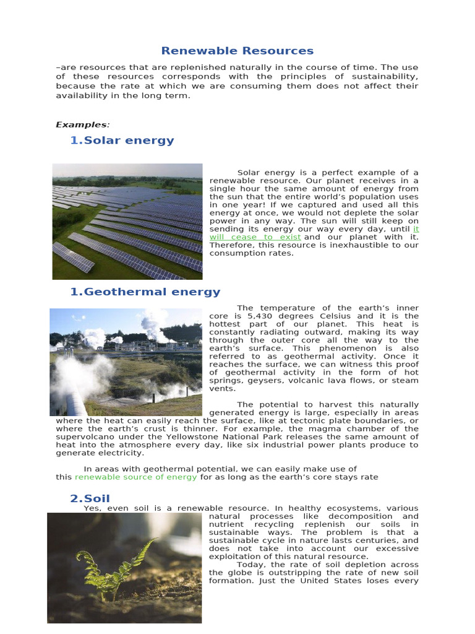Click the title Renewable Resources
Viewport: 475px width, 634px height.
[237, 51]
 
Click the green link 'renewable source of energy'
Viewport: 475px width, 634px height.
[136, 477]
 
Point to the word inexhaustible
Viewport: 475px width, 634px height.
[351, 245]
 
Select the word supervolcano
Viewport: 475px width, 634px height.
[87, 436]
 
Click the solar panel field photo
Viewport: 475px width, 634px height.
[127, 221]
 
